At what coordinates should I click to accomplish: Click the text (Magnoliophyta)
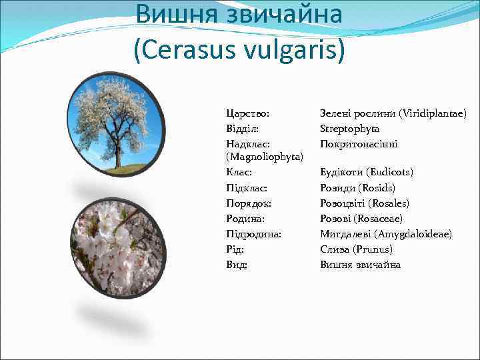(265, 157)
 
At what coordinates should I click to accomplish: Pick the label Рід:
(235, 249)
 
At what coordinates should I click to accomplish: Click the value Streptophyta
(349, 129)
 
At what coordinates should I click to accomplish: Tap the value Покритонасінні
(359, 144)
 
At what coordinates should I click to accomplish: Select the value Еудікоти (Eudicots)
(367, 172)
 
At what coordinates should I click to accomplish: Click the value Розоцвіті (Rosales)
(365, 203)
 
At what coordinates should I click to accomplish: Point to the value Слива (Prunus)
(356, 249)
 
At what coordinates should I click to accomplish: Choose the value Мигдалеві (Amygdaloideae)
(385, 234)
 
